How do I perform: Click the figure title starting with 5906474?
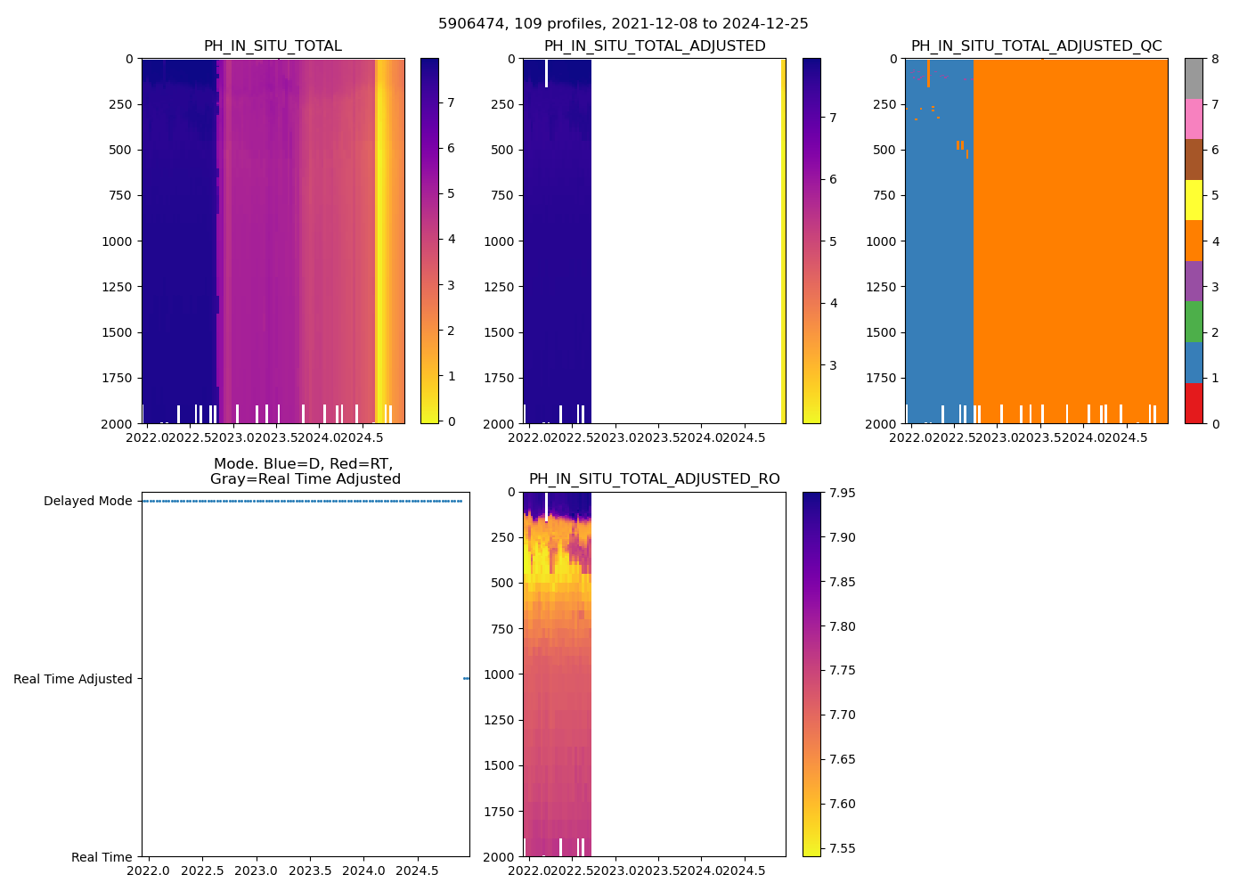point(623,24)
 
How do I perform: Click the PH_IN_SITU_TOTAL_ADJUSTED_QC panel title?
point(1036,46)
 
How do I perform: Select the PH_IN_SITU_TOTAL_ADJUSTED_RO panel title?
point(654,479)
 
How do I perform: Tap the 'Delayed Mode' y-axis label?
point(87,501)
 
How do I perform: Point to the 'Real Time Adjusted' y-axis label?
point(72,679)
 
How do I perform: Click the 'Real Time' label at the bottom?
point(102,857)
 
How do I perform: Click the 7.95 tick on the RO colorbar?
point(842,493)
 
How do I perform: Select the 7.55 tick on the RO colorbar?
point(842,848)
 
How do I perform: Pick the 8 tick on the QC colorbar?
point(1215,59)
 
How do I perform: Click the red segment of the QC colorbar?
point(1194,403)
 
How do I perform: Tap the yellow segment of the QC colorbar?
point(1194,200)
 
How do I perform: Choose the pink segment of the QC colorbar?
point(1194,119)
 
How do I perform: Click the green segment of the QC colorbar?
point(1194,322)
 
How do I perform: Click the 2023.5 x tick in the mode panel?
point(310,871)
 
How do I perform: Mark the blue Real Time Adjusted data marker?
point(466,679)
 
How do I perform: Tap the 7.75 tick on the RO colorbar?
point(842,670)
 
